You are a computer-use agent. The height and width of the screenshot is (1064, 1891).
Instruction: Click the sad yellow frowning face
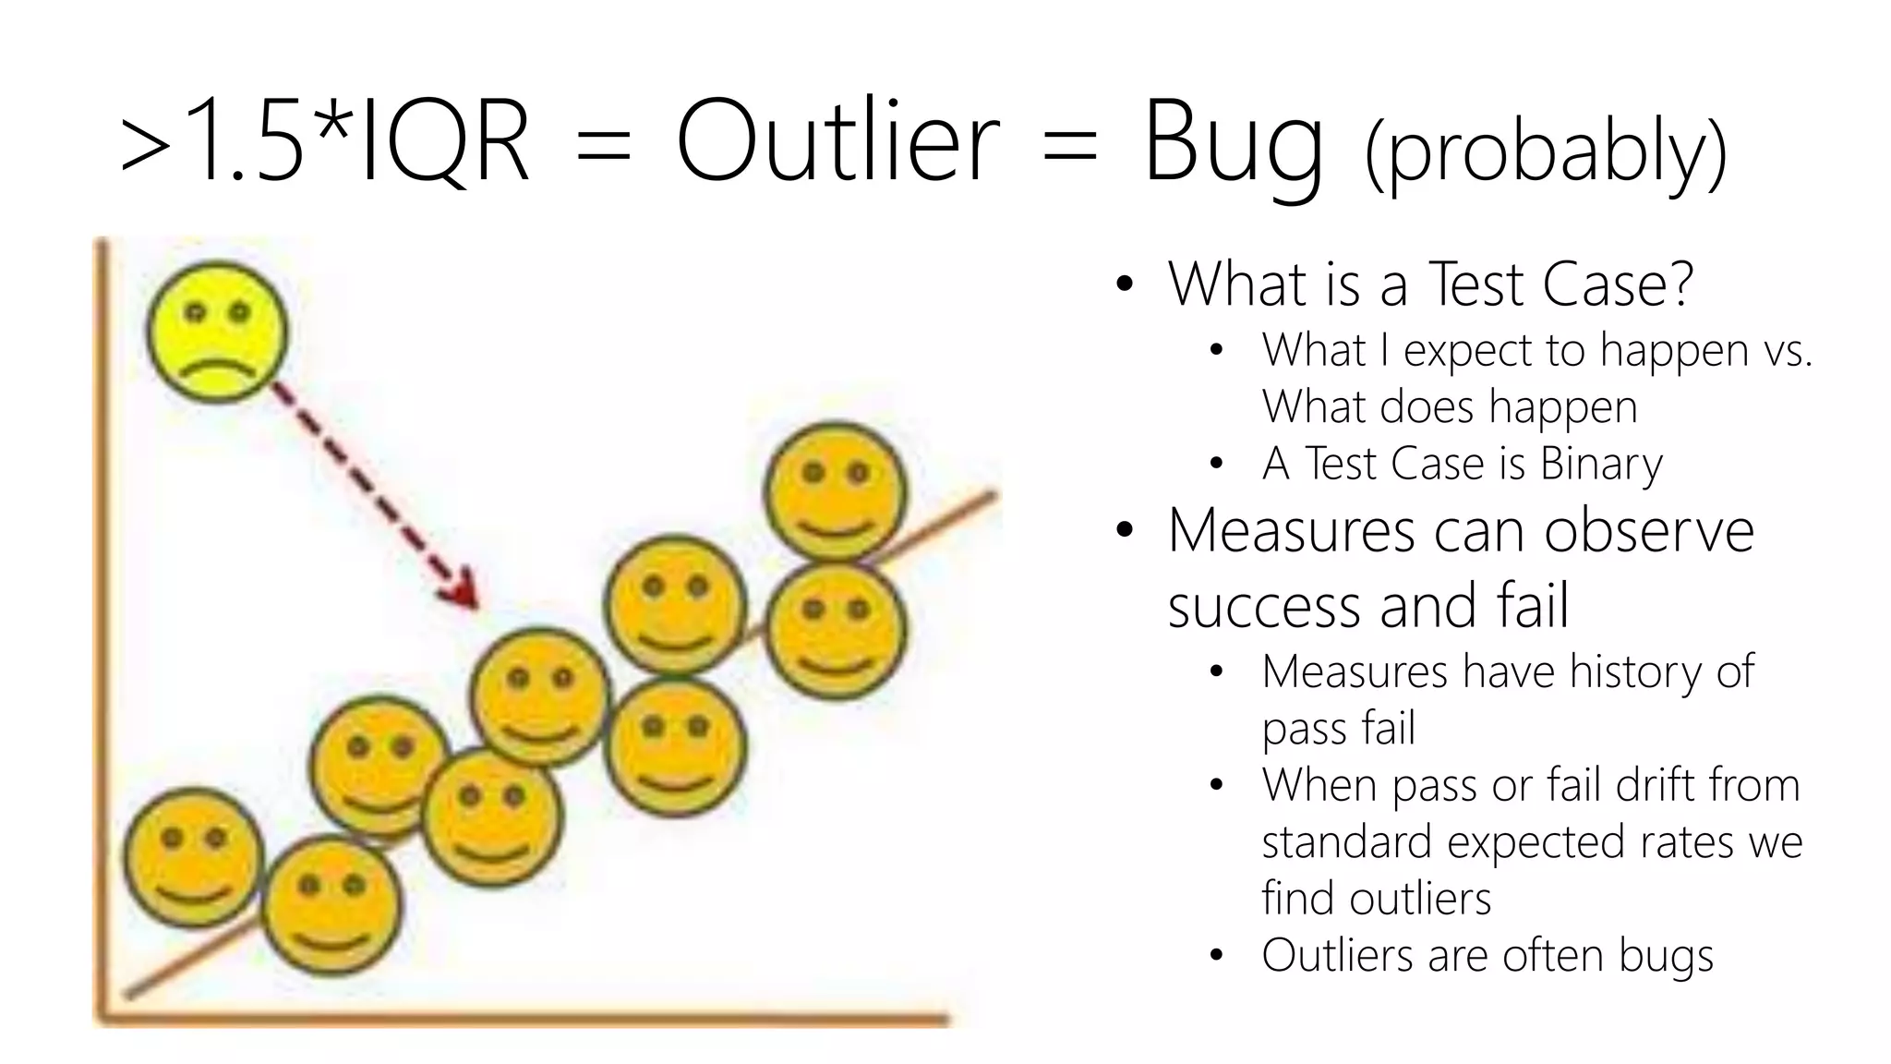[x=218, y=332]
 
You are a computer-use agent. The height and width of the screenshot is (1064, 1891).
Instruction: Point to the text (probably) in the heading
[x=1545, y=152]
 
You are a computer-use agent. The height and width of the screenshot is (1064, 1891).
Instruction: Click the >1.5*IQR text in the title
[x=325, y=143]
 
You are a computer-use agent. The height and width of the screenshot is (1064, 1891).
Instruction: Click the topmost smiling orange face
[x=836, y=492]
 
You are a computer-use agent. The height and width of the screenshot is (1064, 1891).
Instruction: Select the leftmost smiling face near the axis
[x=194, y=858]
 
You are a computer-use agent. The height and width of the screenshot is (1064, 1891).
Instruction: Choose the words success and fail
[x=1367, y=606]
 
